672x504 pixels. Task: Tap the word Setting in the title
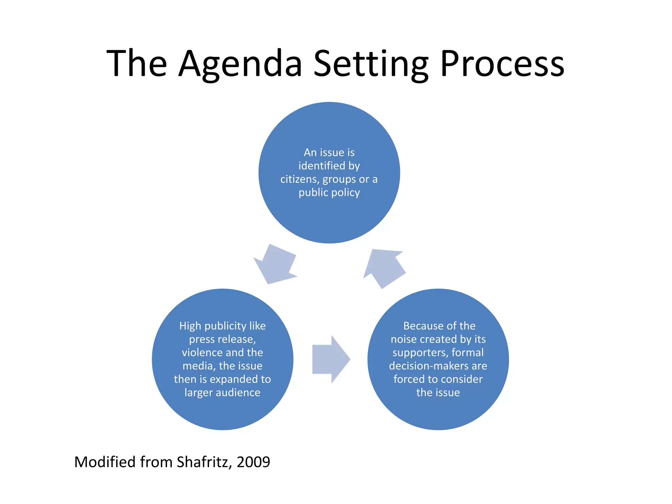371,64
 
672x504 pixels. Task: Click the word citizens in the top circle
300,179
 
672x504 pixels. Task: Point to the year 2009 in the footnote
253,462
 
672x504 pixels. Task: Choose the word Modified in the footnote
105,462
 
